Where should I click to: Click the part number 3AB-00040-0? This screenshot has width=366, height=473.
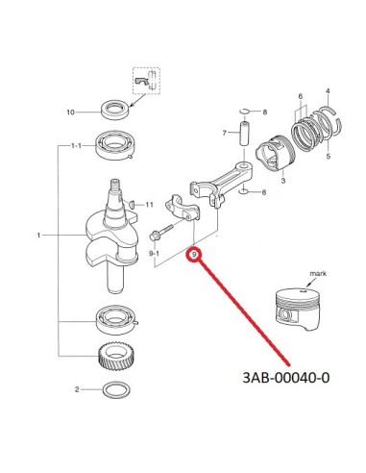(286, 378)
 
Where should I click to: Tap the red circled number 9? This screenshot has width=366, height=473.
(194, 255)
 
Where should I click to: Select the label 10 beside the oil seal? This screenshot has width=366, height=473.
(70, 112)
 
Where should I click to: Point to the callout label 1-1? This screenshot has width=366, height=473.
(76, 146)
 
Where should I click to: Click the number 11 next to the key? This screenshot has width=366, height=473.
(149, 205)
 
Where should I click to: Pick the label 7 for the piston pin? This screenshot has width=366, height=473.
(225, 133)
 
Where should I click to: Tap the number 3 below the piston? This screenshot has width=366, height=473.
(283, 181)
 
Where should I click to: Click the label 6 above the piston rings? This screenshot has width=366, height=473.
(301, 96)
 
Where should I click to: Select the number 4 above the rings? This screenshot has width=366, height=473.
(328, 91)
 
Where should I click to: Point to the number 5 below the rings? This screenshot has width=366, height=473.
(329, 157)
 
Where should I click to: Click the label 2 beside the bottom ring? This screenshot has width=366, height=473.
(77, 389)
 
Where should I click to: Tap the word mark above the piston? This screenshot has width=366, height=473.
(318, 273)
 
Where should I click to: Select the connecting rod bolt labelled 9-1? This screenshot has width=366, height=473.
(161, 233)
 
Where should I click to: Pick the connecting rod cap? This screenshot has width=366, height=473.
(183, 208)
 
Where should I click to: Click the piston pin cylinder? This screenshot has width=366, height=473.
(245, 133)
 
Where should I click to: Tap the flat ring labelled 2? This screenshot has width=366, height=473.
(117, 390)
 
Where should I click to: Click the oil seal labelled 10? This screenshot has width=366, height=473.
(115, 110)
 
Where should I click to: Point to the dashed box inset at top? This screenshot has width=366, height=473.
(146, 81)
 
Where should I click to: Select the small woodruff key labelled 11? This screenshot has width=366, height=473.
(132, 204)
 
